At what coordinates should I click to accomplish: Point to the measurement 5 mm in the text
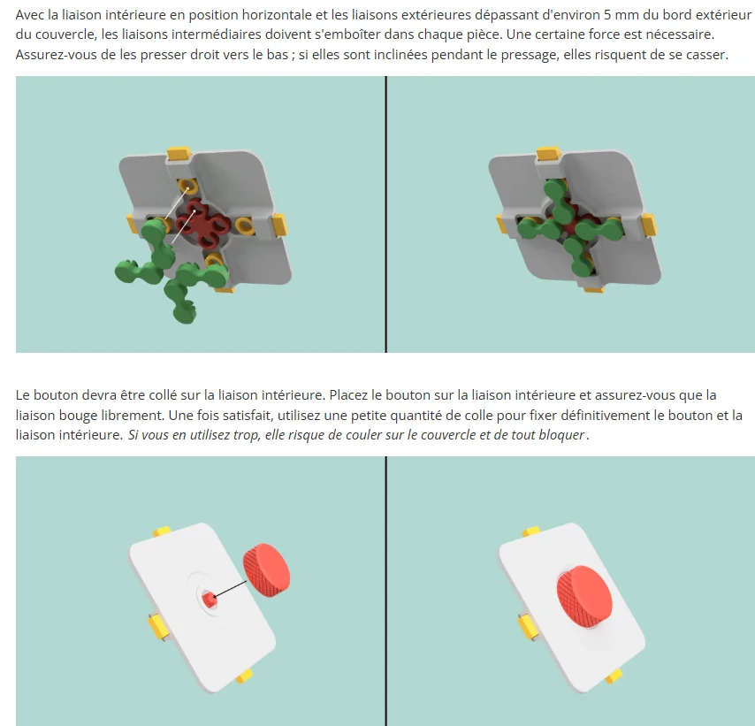620,15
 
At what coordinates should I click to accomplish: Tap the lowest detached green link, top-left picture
180,301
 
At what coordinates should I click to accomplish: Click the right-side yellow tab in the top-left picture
279,224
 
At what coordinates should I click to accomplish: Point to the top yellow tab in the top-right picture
548,153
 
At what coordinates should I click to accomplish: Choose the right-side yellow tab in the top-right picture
649,225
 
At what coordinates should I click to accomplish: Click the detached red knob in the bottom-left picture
266,571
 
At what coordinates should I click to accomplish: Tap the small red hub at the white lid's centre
209,600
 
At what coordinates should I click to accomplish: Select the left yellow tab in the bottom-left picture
157,628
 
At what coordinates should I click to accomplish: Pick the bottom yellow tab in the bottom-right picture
614,676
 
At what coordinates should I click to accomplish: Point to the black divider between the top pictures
385,214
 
